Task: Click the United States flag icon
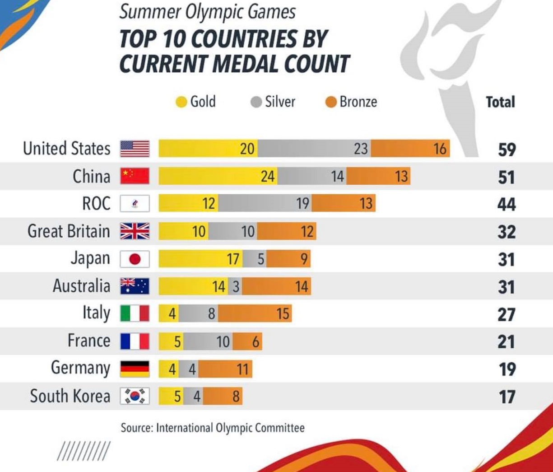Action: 135,149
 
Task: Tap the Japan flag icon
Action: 135,259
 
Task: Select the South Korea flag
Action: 135,396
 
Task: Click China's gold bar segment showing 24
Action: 218,176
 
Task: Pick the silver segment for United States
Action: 314,149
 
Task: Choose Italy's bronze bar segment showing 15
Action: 255,313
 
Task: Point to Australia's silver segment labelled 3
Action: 235,286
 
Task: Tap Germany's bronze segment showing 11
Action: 225,369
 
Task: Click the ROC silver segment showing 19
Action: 265,204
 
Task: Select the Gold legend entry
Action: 196,102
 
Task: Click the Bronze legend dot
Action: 331,103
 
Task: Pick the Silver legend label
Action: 280,102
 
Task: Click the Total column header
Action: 500,102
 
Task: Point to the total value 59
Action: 507,150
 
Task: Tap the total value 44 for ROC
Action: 507,205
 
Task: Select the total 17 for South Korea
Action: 507,397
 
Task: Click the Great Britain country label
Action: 69,231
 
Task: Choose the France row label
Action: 89,341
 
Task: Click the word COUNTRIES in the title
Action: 258,39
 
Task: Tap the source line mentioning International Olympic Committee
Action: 213,428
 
